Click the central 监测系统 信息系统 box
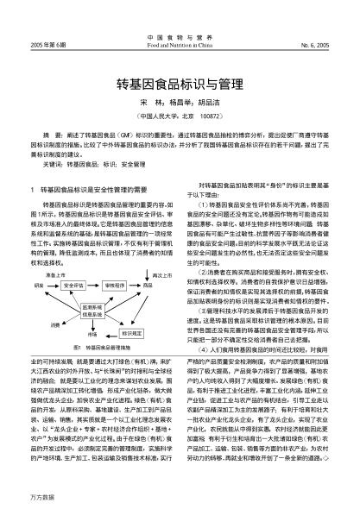pos(93,308)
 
